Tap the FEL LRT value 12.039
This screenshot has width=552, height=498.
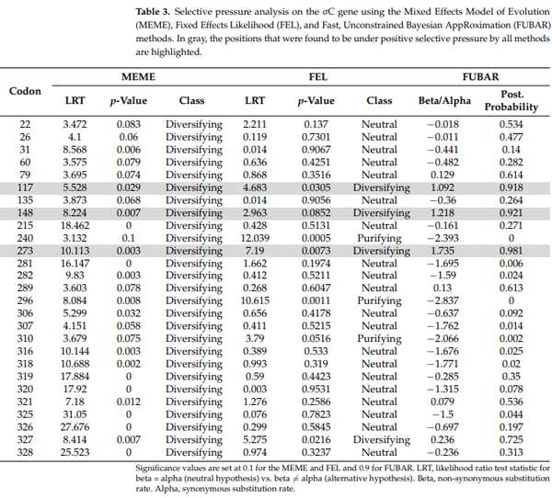[x=256, y=238]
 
